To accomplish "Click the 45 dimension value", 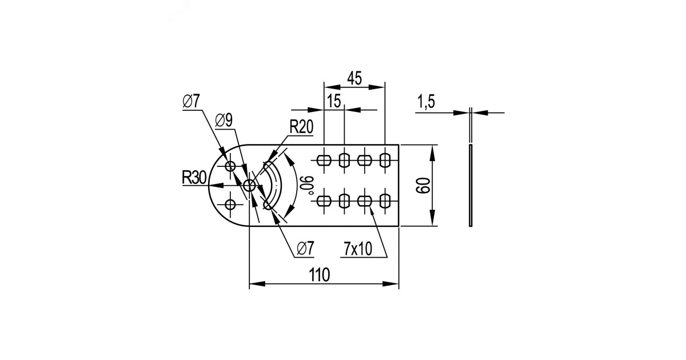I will tap(354, 78).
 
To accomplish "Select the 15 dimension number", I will tap(334, 101).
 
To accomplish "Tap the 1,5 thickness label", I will tap(426, 103).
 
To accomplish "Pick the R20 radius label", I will tap(301, 127).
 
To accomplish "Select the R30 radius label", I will tap(194, 178).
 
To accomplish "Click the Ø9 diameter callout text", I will tap(224, 121).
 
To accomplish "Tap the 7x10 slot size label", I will tap(358, 249).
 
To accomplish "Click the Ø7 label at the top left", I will tap(192, 102).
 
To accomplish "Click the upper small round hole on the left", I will tap(230, 166).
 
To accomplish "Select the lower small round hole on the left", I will tap(230, 204).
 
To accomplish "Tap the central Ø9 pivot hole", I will tap(249, 185).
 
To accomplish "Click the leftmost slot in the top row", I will tap(324, 161).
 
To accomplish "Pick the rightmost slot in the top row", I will tap(385, 161).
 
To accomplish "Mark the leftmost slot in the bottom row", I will tap(324, 201).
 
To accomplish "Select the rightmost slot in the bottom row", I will tap(385, 201).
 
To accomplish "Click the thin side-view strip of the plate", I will tap(470, 186).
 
